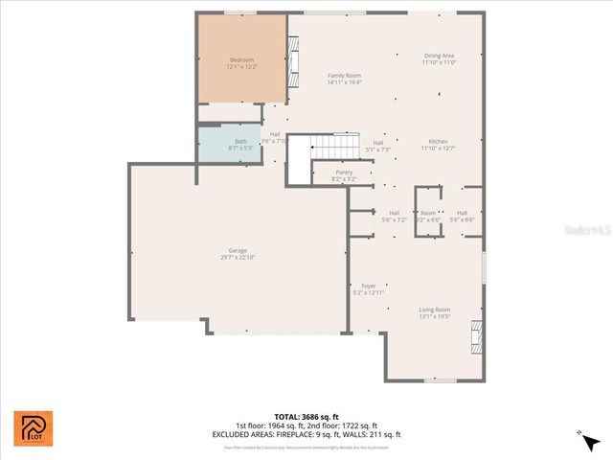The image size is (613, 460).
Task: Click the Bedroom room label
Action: coord(241,59)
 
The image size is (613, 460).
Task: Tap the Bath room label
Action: coord(240,141)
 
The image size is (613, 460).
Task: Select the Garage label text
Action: coord(238,250)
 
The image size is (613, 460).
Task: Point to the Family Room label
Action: coord(344,75)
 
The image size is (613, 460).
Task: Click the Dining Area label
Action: coord(439,56)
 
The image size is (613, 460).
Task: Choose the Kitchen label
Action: coord(438,141)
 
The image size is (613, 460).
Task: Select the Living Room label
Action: coord(434,310)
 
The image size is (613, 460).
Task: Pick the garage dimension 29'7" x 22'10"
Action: coord(238,257)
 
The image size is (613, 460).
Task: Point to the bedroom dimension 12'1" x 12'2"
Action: coord(241,67)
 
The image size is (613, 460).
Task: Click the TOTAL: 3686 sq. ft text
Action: coord(306,417)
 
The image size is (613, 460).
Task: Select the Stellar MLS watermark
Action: coord(588,231)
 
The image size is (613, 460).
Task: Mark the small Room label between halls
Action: coord(428,213)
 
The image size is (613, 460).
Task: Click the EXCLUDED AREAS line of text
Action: coord(306,434)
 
